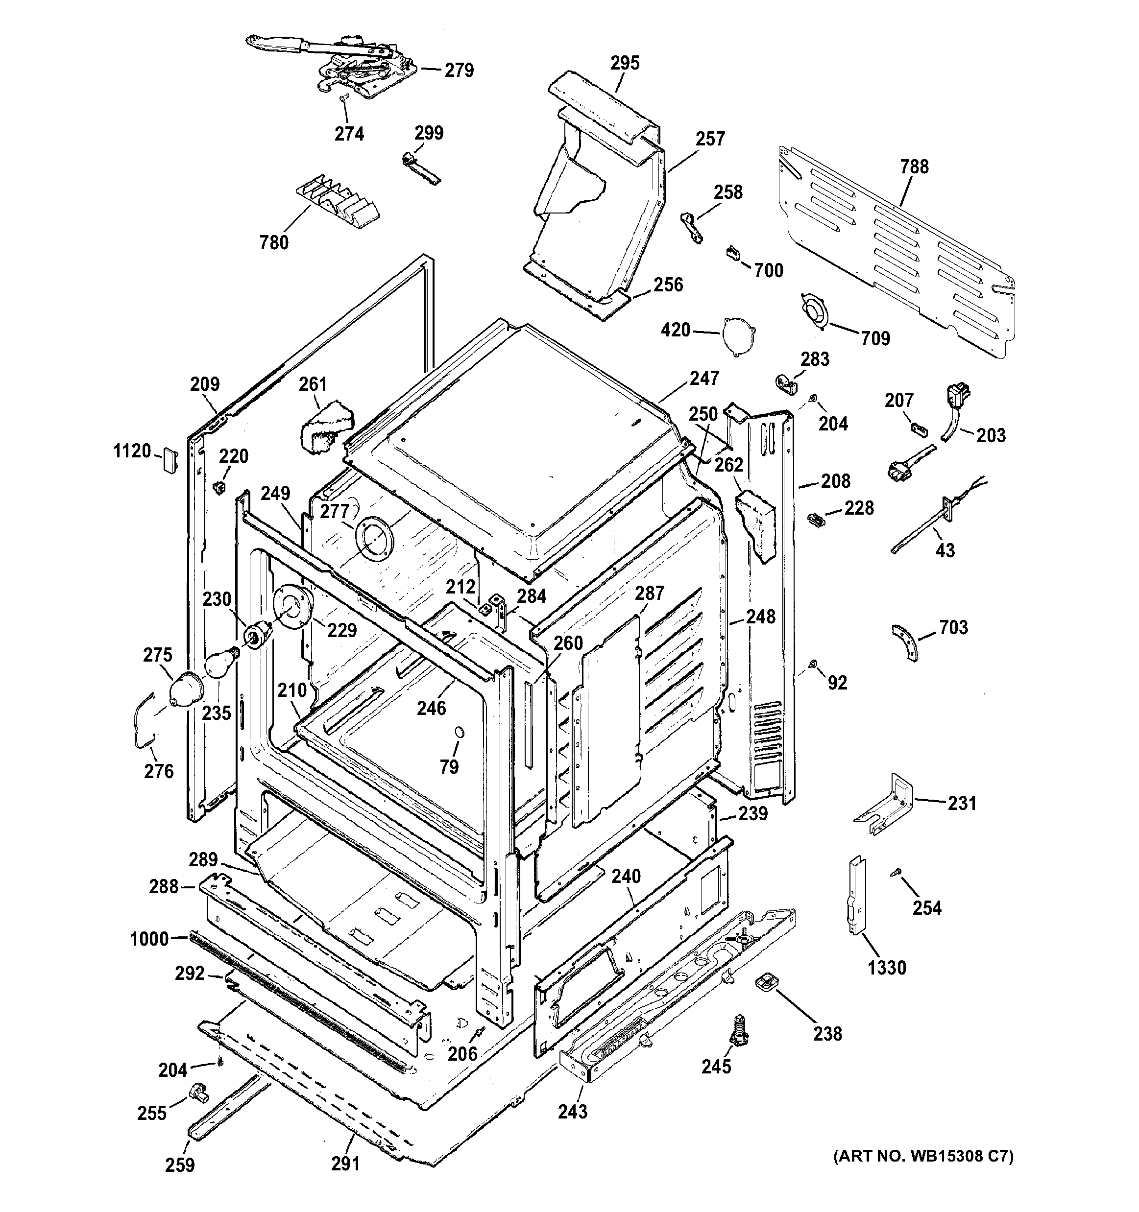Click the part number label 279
(459, 71)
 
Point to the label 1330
(887, 968)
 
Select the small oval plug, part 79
(459, 732)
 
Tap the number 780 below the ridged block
(274, 242)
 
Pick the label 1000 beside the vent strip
(149, 939)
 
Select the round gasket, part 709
(815, 312)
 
